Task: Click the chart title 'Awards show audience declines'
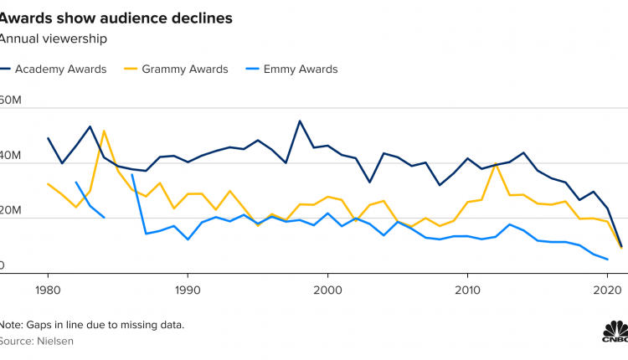(x=116, y=17)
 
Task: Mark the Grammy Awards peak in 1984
(x=104, y=131)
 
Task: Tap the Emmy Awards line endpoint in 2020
(x=606, y=260)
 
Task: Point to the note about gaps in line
(x=92, y=324)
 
